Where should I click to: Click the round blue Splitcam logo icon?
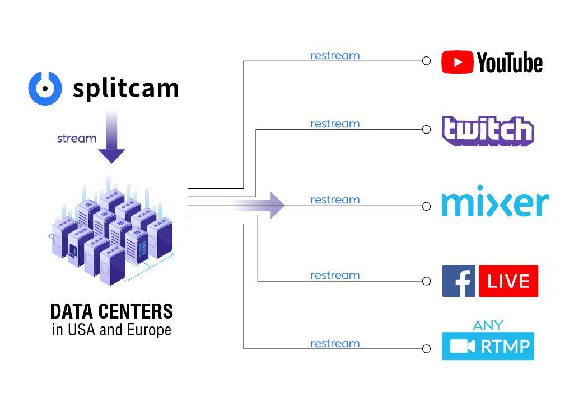(x=45, y=88)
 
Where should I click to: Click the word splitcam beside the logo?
(x=125, y=88)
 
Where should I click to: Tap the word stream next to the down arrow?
(x=77, y=139)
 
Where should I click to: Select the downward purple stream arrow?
(x=111, y=138)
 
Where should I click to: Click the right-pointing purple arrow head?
(x=277, y=205)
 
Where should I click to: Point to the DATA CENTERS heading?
(x=111, y=311)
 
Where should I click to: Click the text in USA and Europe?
(x=111, y=330)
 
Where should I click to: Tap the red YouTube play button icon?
(x=457, y=62)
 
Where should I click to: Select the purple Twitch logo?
(x=488, y=131)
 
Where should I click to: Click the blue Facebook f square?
(x=459, y=281)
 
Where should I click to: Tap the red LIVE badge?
(x=508, y=281)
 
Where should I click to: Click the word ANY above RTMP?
(x=488, y=325)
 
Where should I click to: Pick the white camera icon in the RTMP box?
(x=463, y=347)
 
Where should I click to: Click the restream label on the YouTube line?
(x=335, y=56)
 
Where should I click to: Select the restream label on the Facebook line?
(x=335, y=276)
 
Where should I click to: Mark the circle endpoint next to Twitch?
(x=426, y=129)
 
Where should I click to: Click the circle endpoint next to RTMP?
(x=426, y=349)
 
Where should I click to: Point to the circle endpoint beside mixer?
(x=426, y=206)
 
